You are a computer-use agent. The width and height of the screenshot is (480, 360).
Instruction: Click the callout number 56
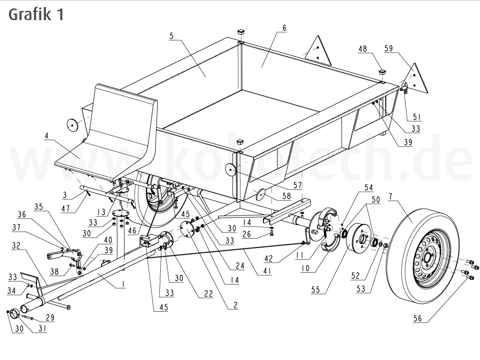click(x=417, y=319)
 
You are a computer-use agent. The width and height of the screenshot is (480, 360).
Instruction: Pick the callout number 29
click(x=50, y=318)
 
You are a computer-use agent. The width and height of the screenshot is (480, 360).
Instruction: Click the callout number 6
click(x=284, y=28)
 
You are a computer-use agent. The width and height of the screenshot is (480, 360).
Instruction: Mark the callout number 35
click(x=38, y=207)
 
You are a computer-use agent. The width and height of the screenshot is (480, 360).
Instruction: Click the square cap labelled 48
click(x=382, y=73)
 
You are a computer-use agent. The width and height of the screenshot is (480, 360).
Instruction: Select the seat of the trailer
click(x=117, y=131)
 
